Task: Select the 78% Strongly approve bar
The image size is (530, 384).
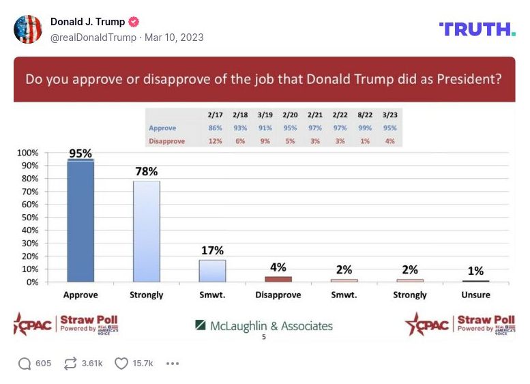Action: tap(147, 231)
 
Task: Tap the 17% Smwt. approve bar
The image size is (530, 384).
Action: tap(212, 271)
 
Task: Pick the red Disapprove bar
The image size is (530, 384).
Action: tap(278, 279)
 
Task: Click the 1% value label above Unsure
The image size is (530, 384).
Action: tap(475, 271)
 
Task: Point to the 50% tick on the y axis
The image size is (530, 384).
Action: tap(29, 218)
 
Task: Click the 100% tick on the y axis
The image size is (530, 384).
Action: tap(27, 153)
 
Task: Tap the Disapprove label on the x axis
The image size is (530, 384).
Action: tap(278, 295)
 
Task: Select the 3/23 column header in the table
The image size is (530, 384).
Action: tap(389, 115)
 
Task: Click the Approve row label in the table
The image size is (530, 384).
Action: tap(162, 128)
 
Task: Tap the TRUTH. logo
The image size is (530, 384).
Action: tap(477, 29)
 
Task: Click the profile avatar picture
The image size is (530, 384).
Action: tap(28, 29)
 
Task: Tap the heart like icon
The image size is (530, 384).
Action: tap(121, 364)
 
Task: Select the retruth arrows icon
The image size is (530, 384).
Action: tap(71, 364)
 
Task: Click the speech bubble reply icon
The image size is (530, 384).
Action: tap(25, 364)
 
